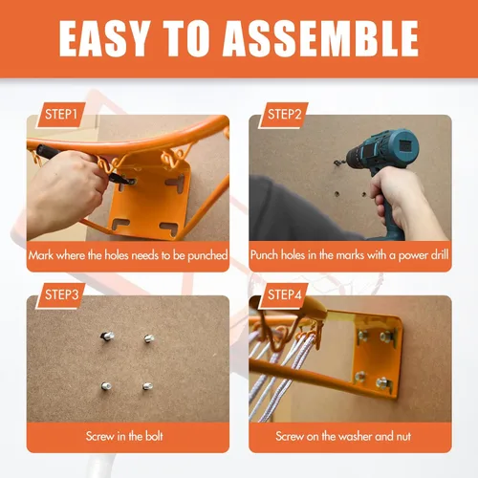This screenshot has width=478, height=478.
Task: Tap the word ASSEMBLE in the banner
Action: (320, 39)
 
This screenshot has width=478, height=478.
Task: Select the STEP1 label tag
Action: (60, 115)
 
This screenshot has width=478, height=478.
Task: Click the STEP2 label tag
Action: (284, 115)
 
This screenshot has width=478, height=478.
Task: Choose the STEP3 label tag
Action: (60, 295)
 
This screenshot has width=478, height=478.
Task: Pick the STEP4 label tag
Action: (284, 295)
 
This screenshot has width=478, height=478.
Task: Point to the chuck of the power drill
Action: (353, 156)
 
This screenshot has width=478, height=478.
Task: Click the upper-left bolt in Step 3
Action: (107, 336)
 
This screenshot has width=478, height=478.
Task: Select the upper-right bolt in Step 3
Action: (148, 338)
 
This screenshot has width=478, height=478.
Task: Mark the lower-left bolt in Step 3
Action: (106, 386)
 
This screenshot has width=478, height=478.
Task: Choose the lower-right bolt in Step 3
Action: (147, 386)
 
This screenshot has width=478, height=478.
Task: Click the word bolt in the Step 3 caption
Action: (154, 436)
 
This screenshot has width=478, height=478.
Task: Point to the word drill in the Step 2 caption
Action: (440, 255)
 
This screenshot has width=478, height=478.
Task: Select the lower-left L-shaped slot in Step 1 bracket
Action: (120, 224)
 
